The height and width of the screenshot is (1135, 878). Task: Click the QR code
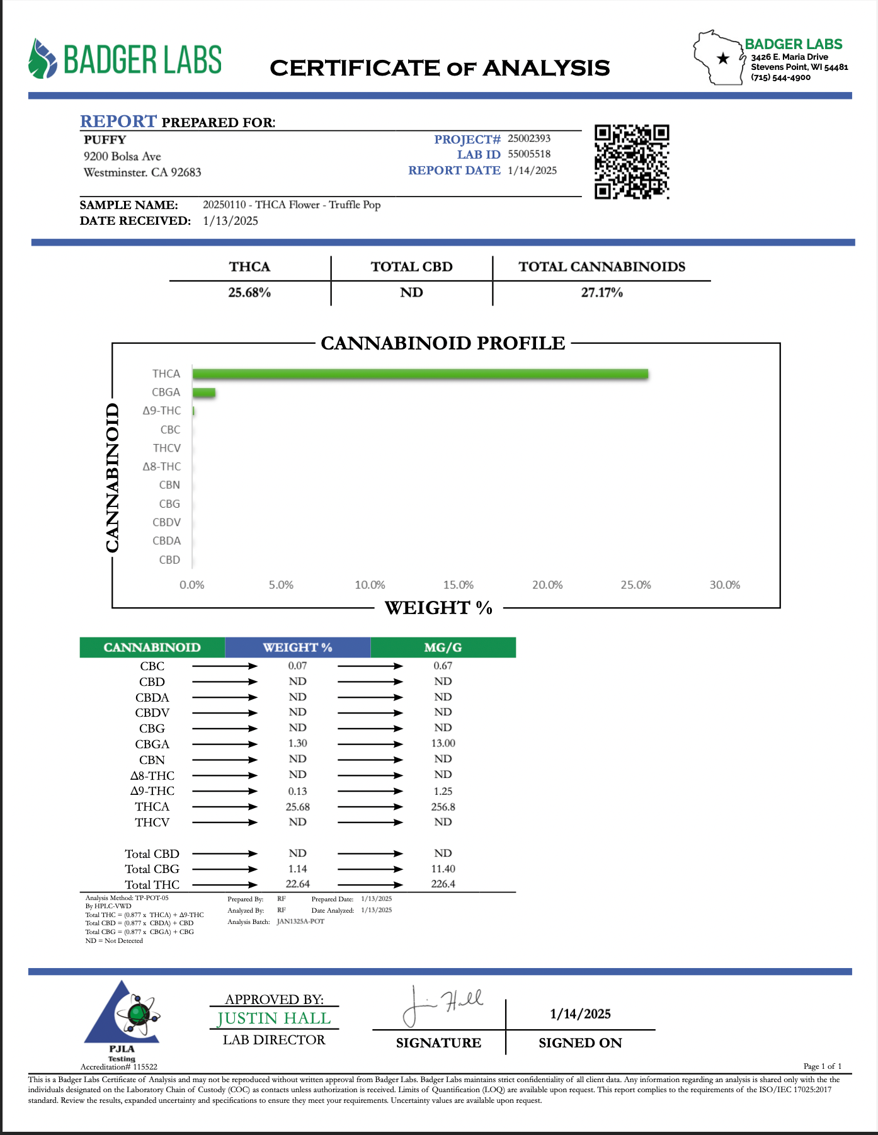point(632,162)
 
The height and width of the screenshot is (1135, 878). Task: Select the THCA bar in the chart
point(420,374)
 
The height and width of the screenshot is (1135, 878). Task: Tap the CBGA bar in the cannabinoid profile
point(203,393)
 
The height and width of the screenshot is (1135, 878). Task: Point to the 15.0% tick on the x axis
point(459,585)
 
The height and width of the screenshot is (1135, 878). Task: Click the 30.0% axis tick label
point(725,585)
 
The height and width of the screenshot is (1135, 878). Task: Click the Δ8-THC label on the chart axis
point(162,467)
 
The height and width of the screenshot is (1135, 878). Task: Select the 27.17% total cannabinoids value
point(601,293)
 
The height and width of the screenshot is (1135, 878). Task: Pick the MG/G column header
point(443,647)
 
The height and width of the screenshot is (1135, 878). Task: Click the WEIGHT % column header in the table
point(297,647)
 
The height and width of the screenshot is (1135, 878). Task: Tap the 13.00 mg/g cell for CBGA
point(443,744)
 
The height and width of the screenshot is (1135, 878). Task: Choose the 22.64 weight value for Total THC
point(297,884)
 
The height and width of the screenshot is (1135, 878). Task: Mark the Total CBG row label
point(152,869)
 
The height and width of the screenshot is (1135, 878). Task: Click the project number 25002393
point(529,139)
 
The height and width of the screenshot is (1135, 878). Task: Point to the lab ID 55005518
point(529,154)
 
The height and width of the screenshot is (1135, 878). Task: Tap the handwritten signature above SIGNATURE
point(441,1004)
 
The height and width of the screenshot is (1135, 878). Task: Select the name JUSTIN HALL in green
point(274,1018)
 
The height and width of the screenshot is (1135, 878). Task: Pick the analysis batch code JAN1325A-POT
point(300,921)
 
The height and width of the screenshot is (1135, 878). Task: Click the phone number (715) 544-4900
point(780,77)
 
